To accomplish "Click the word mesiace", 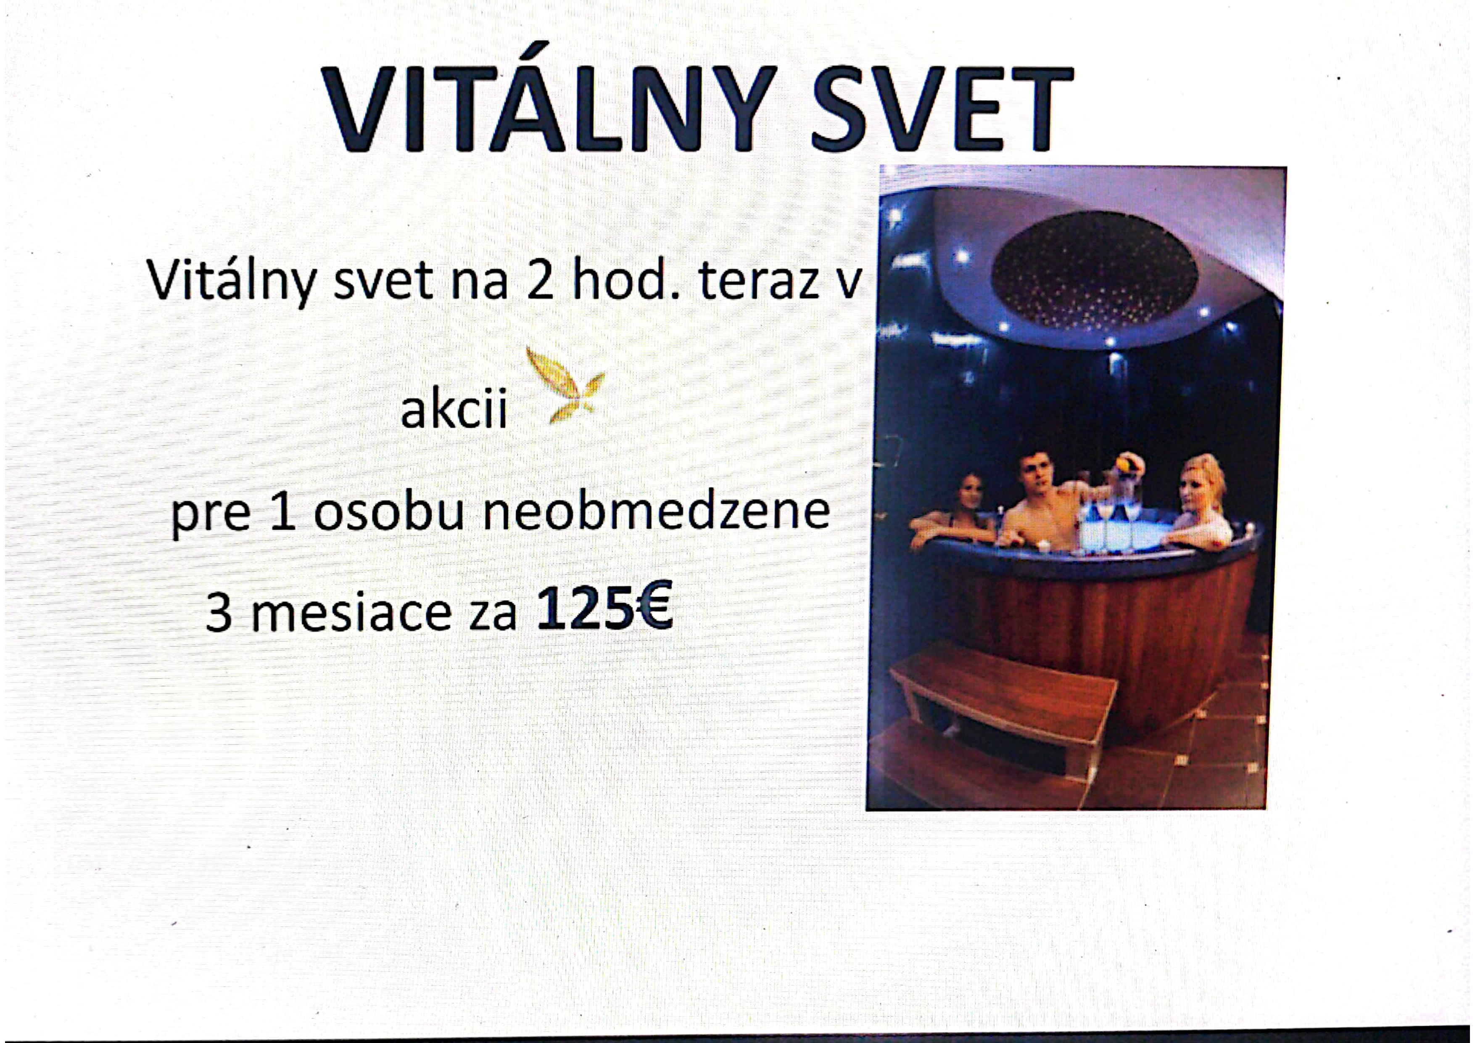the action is click(351, 612).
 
